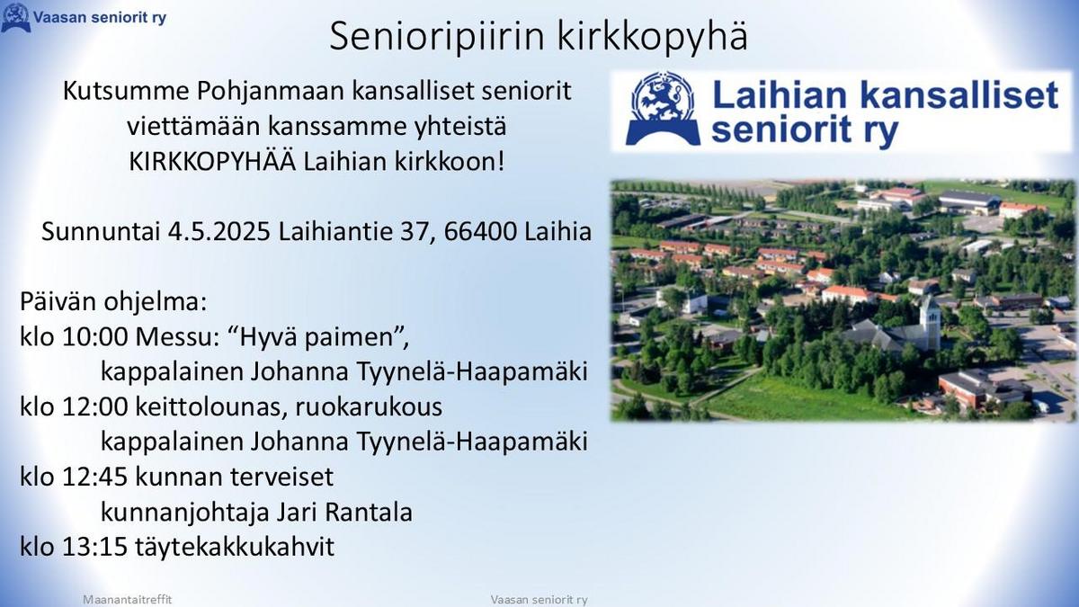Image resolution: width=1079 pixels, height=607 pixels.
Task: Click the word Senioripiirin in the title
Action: point(437,36)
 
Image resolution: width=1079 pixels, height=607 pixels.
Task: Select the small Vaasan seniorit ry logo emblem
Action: point(16,17)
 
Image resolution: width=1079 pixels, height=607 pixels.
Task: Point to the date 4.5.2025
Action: point(219,231)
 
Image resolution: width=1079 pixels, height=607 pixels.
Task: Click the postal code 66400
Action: point(480,231)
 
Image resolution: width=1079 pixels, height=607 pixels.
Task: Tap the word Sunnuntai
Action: point(101,231)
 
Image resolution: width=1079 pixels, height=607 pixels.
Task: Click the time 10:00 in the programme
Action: point(95,336)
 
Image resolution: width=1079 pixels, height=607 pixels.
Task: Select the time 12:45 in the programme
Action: point(95,477)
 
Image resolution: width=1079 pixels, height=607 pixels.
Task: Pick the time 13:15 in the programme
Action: point(95,547)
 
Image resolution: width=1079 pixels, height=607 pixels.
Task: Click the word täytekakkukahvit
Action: point(235,548)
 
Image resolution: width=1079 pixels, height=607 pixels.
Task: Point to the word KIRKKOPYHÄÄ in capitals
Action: point(212,161)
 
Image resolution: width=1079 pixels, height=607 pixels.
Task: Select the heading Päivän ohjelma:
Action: point(113,302)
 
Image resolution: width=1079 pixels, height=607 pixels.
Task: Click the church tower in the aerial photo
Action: point(929,323)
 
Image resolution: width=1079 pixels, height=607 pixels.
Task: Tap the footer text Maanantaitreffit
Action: point(127,600)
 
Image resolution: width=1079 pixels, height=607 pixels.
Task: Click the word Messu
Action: point(177,336)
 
